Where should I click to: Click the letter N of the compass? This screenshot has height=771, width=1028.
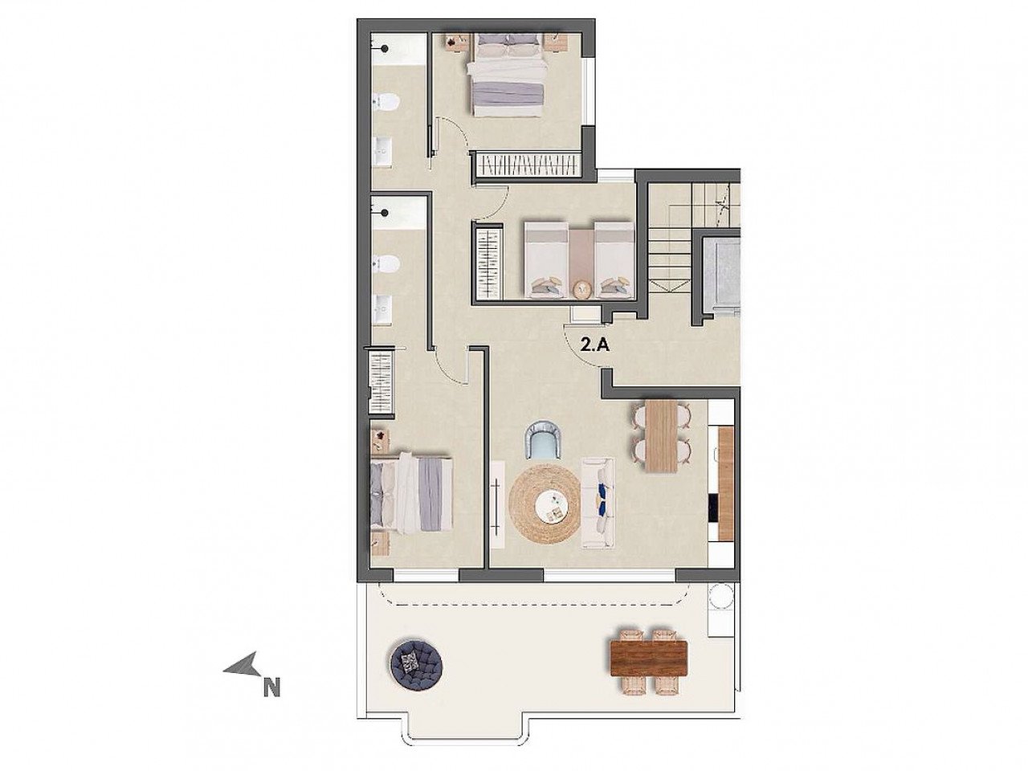point(272,687)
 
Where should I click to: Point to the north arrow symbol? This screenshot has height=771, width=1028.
point(243,664)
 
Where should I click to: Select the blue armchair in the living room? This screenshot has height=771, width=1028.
point(544,441)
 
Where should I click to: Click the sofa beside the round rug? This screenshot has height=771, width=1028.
point(597,503)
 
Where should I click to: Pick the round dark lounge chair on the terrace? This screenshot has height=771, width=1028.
point(414,663)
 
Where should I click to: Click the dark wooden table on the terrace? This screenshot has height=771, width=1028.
point(648,660)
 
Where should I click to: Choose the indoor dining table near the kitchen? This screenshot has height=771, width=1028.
point(663,436)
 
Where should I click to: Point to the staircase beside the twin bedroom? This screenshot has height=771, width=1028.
point(671,241)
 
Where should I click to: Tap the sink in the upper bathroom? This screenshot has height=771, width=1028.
point(382,149)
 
